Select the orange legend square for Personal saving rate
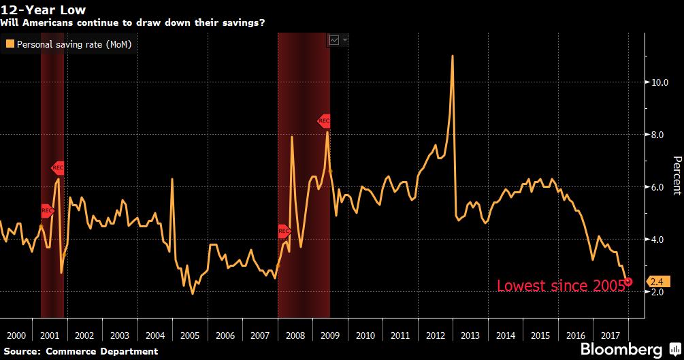pyautogui.click(x=10, y=44)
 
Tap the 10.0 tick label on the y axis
pyautogui.click(x=659, y=82)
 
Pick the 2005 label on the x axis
pyautogui.click(x=190, y=336)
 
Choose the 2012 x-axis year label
pyautogui.click(x=436, y=336)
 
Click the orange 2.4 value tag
pyautogui.click(x=657, y=281)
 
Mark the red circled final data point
pyautogui.click(x=628, y=281)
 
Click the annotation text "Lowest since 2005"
pyautogui.click(x=561, y=286)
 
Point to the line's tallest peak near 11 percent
pyautogui.click(x=453, y=56)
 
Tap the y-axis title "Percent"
pyautogui.click(x=677, y=175)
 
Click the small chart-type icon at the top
pyautogui.click(x=334, y=40)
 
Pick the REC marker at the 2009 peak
pyautogui.click(x=324, y=121)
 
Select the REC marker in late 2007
pyautogui.click(x=284, y=231)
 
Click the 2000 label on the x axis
pyautogui.click(x=16, y=336)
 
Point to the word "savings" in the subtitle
pyautogui.click(x=242, y=22)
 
